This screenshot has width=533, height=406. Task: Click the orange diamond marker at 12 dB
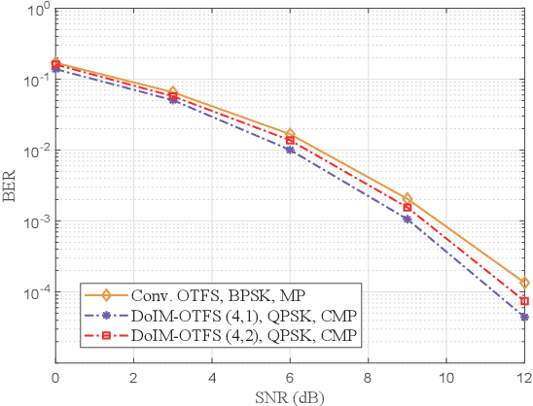click(x=524, y=283)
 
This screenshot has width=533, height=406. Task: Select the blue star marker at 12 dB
click(x=524, y=317)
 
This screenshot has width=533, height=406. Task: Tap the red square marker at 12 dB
click(x=524, y=301)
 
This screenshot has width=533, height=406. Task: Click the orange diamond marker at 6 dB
click(x=290, y=134)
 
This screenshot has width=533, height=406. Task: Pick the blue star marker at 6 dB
click(x=290, y=150)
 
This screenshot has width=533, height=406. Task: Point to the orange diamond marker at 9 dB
click(x=408, y=198)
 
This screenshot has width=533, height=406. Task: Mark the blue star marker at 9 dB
click(x=408, y=220)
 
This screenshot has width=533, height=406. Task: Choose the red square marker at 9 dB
click(x=408, y=207)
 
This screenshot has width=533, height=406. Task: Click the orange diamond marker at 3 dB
click(x=172, y=92)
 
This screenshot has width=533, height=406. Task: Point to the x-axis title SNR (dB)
click(x=290, y=396)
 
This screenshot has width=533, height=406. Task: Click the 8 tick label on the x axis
click(x=368, y=378)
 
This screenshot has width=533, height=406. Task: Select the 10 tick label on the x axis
click(x=446, y=378)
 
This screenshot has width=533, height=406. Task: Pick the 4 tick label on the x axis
click(x=211, y=378)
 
